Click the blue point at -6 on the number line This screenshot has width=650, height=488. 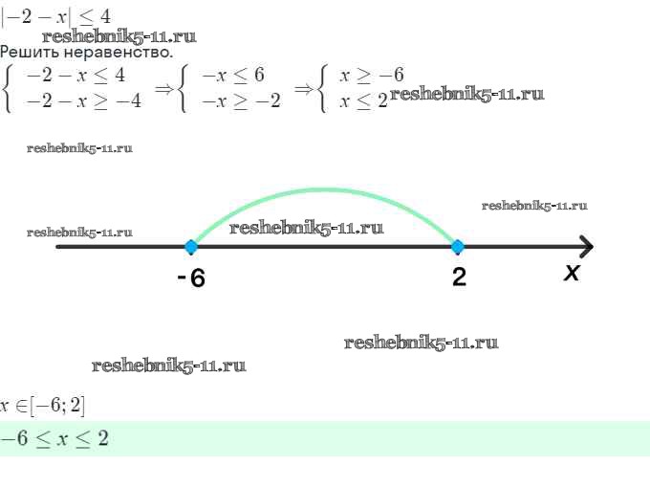tap(191, 247)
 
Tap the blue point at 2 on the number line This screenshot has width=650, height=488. tap(458, 247)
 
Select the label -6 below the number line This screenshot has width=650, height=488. tap(191, 277)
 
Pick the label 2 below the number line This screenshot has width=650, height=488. tap(460, 277)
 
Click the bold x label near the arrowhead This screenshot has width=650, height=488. tap(572, 273)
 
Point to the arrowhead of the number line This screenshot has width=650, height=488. tap(587, 247)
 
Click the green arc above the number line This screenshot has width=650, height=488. tap(325, 190)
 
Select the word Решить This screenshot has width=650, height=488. tap(31, 53)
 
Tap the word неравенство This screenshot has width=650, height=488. tap(119, 53)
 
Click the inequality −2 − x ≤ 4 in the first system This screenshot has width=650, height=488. tap(76, 76)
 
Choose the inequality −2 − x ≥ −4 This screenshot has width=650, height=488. tap(84, 101)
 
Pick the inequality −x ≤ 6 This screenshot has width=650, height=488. tap(233, 75)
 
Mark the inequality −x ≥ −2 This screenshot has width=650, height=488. tap(241, 101)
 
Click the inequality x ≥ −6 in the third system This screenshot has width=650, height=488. tap(372, 75)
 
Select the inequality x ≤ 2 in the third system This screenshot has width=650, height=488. tap(363, 101)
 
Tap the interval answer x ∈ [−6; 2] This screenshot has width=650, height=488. tap(42, 406)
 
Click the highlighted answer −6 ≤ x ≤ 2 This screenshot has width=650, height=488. tap(54, 438)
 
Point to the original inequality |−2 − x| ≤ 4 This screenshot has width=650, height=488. tap(56, 17)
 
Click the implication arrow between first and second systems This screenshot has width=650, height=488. tap(163, 88)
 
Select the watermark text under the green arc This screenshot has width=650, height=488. tap(306, 228)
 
